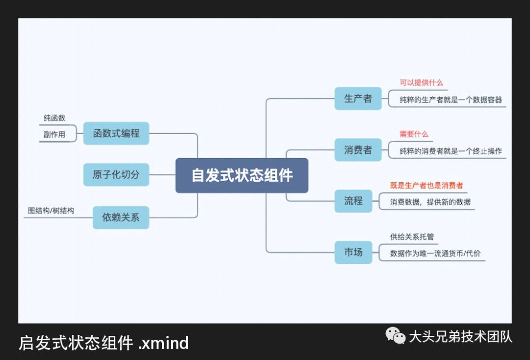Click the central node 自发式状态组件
pos(241,175)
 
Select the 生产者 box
pos(358,98)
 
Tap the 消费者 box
pos(358,150)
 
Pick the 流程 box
pos(353,201)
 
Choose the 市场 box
pos(353,252)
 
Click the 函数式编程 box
pos(116,133)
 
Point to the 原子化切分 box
pos(116,174)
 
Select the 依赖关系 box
pos(121,218)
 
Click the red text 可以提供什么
pos(421,83)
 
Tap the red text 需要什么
pos(414,134)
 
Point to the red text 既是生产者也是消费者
pos(426,186)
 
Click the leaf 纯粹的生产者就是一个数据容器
pos(450,100)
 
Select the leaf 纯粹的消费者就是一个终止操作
pos(450,151)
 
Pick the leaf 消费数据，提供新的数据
pos(430,202)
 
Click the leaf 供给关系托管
pos(412,237)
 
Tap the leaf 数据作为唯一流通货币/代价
pos(435,253)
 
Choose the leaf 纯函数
pos(54,118)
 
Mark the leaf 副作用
pos(54,135)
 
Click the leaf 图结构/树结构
pos(51,211)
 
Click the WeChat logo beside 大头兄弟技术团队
pos(396,335)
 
